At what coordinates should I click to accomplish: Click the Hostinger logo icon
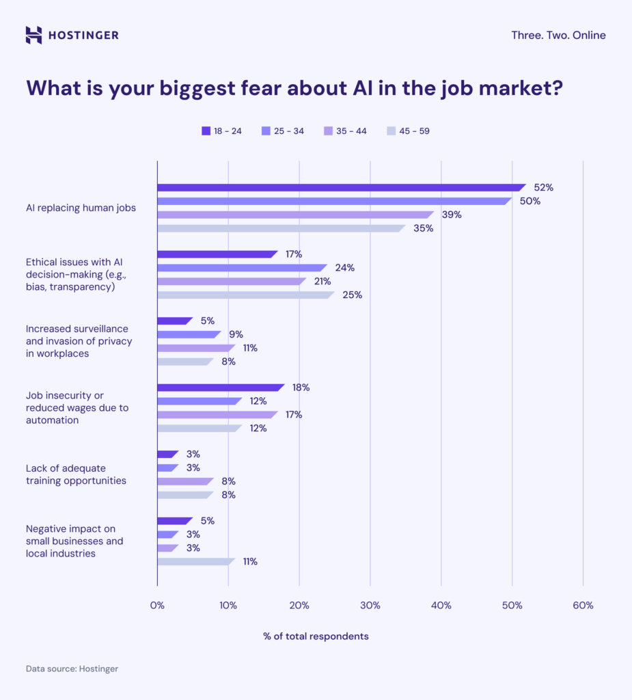point(33,35)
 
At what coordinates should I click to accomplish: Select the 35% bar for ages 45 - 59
point(280,228)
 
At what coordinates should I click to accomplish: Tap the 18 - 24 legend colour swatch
point(206,131)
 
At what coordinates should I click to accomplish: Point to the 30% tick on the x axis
point(370,605)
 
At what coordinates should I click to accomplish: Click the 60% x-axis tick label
point(583,605)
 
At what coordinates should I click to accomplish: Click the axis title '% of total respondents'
point(316,636)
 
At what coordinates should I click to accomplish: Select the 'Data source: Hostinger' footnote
point(72,669)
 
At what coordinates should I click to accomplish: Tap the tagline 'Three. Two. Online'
point(558,35)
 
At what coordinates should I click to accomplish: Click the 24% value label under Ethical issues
point(344,268)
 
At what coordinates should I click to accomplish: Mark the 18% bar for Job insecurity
point(219,388)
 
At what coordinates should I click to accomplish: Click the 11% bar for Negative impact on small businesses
point(195,561)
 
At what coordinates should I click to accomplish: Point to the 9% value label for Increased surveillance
point(236,334)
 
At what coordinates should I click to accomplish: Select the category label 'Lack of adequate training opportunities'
point(76,474)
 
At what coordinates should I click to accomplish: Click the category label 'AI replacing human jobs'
point(81,208)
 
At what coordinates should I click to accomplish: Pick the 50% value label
point(530,201)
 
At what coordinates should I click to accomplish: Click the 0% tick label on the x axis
point(157,605)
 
